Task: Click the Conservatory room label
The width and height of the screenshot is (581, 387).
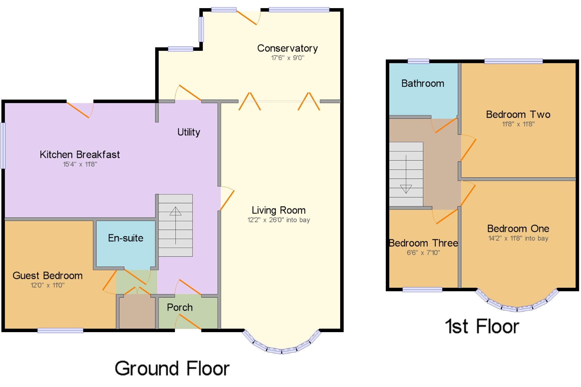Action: tap(287, 48)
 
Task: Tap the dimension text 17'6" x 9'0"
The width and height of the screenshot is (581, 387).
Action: tap(288, 58)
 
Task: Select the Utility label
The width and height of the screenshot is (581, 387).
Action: tap(189, 132)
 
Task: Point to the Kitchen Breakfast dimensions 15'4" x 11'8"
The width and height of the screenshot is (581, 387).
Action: tap(80, 164)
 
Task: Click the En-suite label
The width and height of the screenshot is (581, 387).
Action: tap(125, 238)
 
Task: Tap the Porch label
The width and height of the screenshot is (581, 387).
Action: tap(180, 307)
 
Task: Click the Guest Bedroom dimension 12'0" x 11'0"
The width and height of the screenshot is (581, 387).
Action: tap(48, 285)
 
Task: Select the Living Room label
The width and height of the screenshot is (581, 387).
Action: tap(279, 210)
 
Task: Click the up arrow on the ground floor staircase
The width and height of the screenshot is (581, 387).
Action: tap(175, 225)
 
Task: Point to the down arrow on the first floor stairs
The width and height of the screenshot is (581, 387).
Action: tap(406, 174)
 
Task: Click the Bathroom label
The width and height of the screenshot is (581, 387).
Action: tap(423, 83)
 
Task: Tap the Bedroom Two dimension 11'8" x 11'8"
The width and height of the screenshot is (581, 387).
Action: tap(518, 124)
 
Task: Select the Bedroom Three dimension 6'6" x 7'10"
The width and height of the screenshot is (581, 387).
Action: tap(423, 253)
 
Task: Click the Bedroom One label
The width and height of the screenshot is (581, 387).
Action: tap(518, 228)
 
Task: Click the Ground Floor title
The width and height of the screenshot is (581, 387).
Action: tap(172, 368)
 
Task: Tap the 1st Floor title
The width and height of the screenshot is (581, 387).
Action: tap(482, 326)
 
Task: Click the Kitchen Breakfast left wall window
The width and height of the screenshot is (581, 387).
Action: tap(3, 145)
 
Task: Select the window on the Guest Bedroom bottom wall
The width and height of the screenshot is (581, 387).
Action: tap(60, 330)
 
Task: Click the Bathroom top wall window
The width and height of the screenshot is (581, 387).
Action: tap(418, 61)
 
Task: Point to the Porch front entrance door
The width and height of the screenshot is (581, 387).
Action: tap(188, 322)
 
